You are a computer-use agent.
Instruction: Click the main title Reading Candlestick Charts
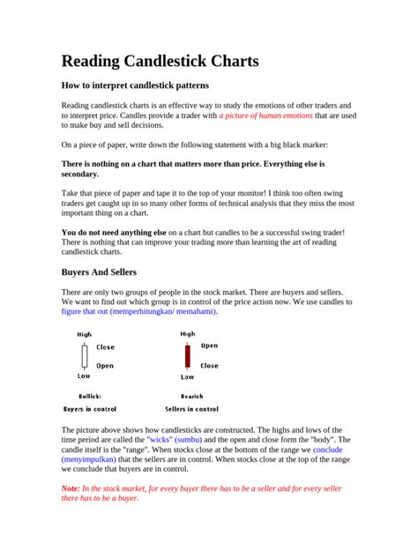coord(160,61)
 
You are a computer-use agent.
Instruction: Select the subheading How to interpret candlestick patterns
coord(135,85)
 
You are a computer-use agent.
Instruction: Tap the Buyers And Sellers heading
coord(98,271)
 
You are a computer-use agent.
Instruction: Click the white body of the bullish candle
coord(85,355)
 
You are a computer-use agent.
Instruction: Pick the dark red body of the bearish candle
coord(187,355)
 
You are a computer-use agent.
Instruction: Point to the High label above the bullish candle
coord(85,335)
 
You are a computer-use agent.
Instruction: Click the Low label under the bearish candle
coord(187,376)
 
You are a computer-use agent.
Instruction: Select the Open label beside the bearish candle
coord(209,345)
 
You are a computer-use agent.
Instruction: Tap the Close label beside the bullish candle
coord(105,347)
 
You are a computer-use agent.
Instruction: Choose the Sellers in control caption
coord(191,409)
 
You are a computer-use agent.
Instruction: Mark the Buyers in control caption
coord(91,409)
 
